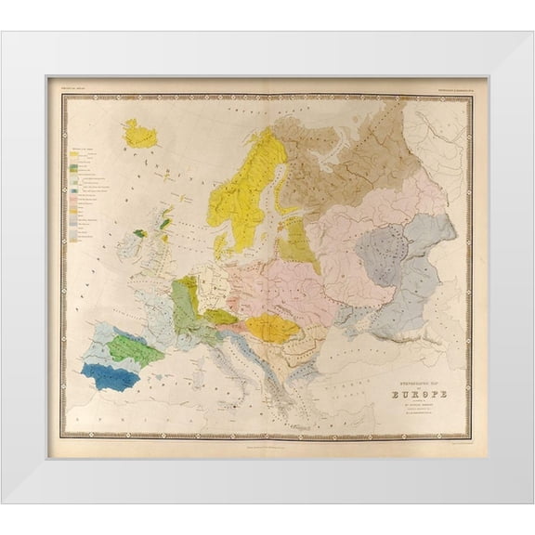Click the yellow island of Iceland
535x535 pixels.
point(140,134)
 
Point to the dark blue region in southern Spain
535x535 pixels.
point(111,375)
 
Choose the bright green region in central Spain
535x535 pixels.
point(136,350)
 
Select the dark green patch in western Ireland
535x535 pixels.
point(139,233)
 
